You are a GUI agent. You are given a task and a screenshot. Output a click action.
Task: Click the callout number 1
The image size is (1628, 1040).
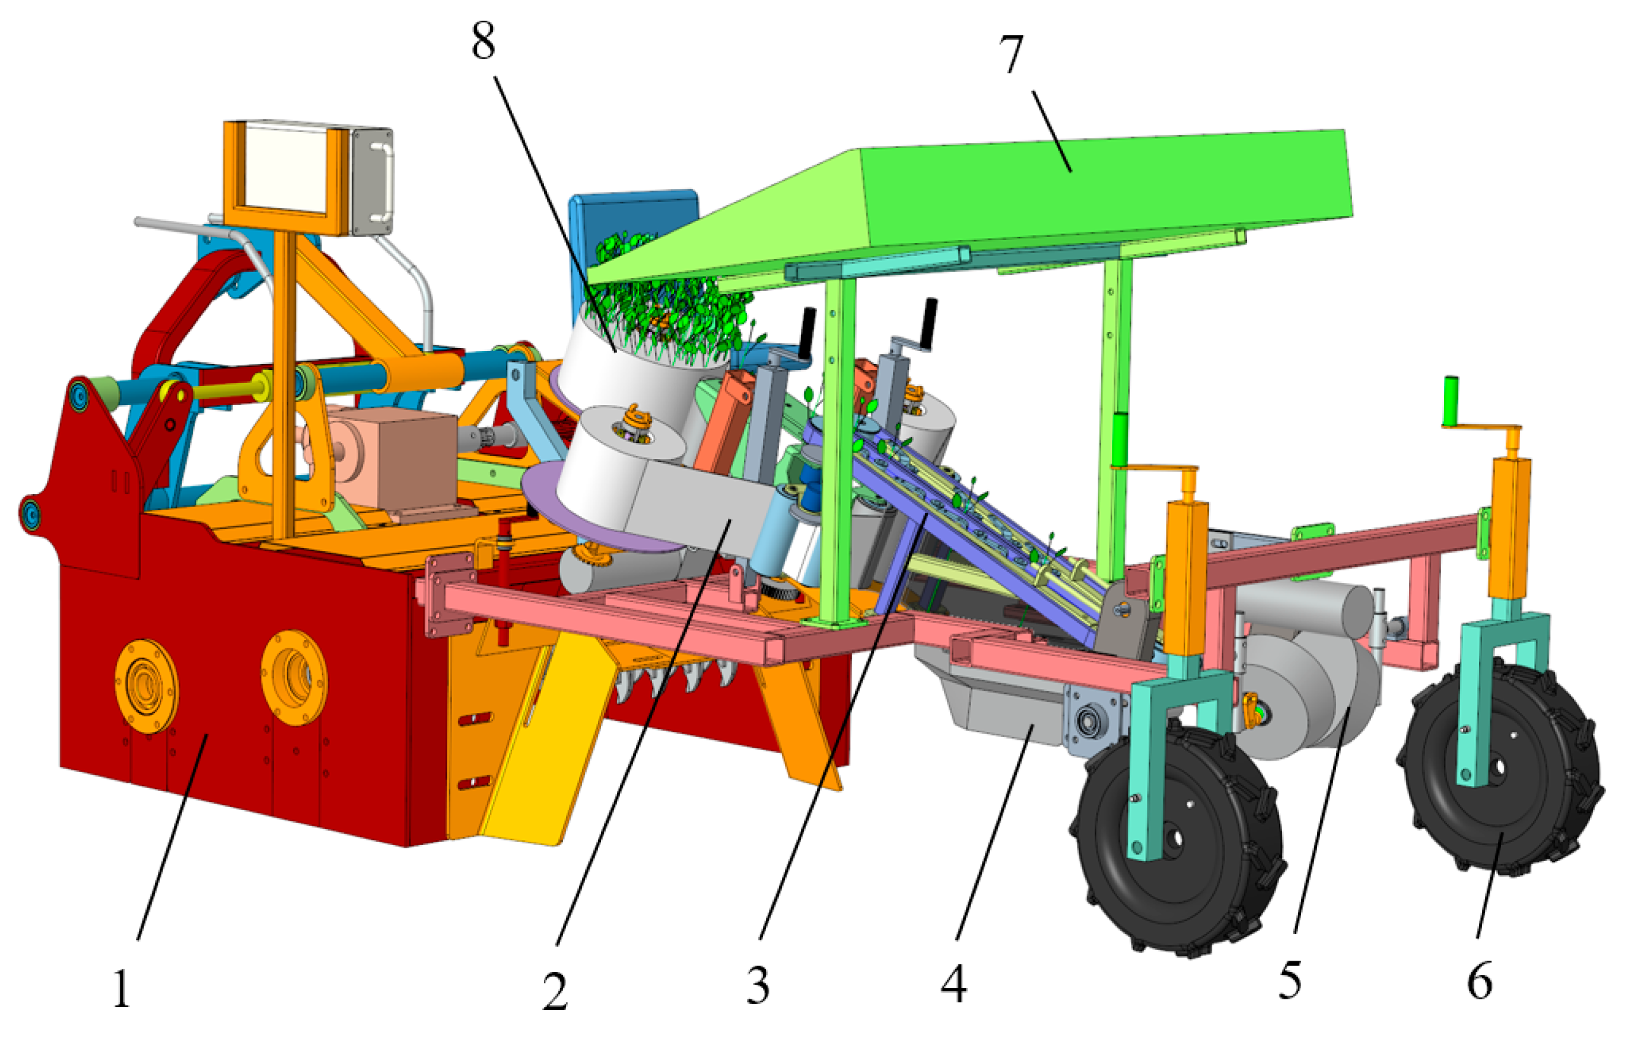pos(122,989)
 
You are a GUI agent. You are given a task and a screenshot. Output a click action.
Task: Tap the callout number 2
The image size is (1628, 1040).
pos(555,992)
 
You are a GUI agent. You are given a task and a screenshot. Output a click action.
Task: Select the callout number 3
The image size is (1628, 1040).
pos(758,986)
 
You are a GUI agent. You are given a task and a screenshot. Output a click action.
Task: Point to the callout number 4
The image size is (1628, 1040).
pos(954,983)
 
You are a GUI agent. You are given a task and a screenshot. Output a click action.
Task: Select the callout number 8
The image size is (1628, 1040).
pos(484,41)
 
